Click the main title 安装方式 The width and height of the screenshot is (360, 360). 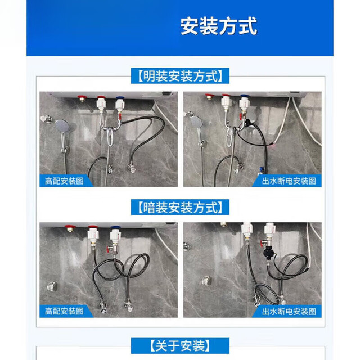point(219,26)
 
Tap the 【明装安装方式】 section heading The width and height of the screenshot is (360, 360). point(180,76)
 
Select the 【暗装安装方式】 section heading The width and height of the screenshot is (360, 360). point(180,208)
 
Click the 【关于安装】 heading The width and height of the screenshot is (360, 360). point(180,346)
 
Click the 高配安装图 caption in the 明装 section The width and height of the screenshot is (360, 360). point(64,181)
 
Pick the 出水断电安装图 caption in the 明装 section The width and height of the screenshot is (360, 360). point(289,181)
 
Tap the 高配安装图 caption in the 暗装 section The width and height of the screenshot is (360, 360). point(64,311)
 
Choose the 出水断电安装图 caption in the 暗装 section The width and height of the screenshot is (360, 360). point(289,311)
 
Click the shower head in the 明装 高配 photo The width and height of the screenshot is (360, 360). point(62,126)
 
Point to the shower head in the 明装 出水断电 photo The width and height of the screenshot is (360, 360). point(197,122)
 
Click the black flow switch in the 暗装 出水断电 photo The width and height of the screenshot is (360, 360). point(268,253)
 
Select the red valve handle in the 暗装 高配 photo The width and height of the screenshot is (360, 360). point(109,247)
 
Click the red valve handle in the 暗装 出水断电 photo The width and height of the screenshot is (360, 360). point(262,243)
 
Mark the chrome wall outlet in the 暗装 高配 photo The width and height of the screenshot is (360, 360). point(52,286)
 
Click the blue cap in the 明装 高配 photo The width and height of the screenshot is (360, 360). point(119,98)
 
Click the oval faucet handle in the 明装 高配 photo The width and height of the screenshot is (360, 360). point(110,137)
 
